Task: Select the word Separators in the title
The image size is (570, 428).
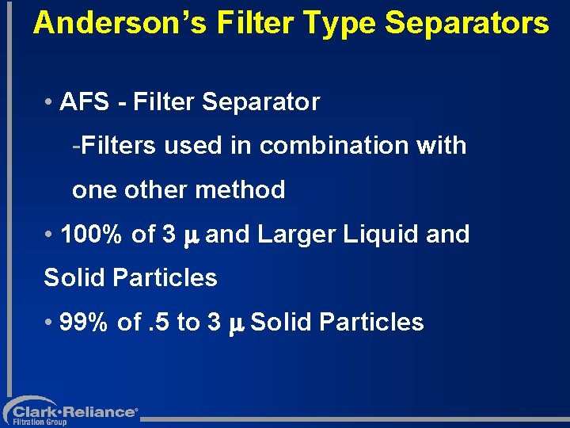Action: [x=466, y=24]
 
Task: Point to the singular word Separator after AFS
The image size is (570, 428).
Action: [x=260, y=102]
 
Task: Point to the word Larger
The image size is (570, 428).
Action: [x=295, y=235]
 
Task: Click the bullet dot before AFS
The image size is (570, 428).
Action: [x=49, y=103]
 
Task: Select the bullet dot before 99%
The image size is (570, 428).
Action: [x=49, y=323]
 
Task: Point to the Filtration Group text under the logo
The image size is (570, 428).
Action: [x=40, y=422]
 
